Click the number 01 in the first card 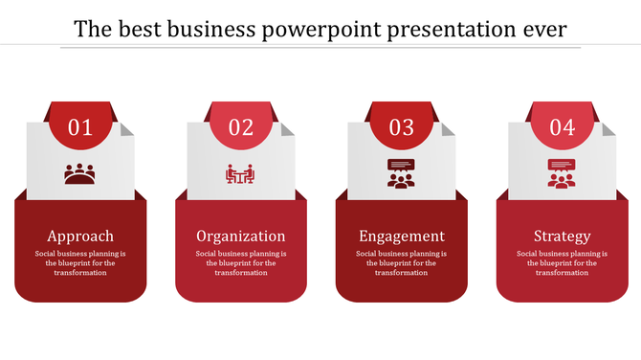coord(80,127)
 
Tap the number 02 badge coord(241,127)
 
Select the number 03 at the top coord(402,127)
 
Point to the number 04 coord(562,127)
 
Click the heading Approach coord(80,236)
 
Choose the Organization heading coord(241,236)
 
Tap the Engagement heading coord(402,236)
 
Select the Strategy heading coord(562,236)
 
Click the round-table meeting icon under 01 coord(80,174)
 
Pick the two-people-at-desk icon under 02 coord(240,174)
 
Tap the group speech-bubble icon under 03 coord(401,173)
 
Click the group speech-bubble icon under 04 coord(562,173)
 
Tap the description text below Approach coord(80,263)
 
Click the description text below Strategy coord(562,263)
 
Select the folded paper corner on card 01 coord(128,128)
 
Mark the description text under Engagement coord(402,263)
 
